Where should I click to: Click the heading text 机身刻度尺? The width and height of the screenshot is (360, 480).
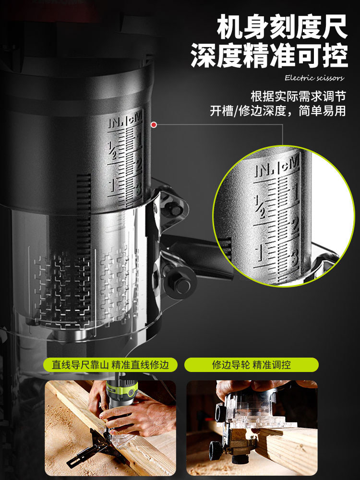[x=282, y=28]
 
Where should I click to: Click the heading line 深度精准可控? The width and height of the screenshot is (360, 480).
[x=269, y=56]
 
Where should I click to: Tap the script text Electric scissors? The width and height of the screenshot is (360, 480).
[x=314, y=78]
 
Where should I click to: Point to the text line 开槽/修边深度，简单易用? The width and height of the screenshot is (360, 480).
[x=277, y=111]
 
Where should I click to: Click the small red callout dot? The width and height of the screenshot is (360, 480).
[x=154, y=125]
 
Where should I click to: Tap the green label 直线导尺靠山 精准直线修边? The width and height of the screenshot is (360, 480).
[x=110, y=365]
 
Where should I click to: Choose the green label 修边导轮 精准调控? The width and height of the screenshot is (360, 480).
[x=252, y=365]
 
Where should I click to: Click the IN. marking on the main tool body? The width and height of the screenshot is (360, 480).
[x=116, y=122]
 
